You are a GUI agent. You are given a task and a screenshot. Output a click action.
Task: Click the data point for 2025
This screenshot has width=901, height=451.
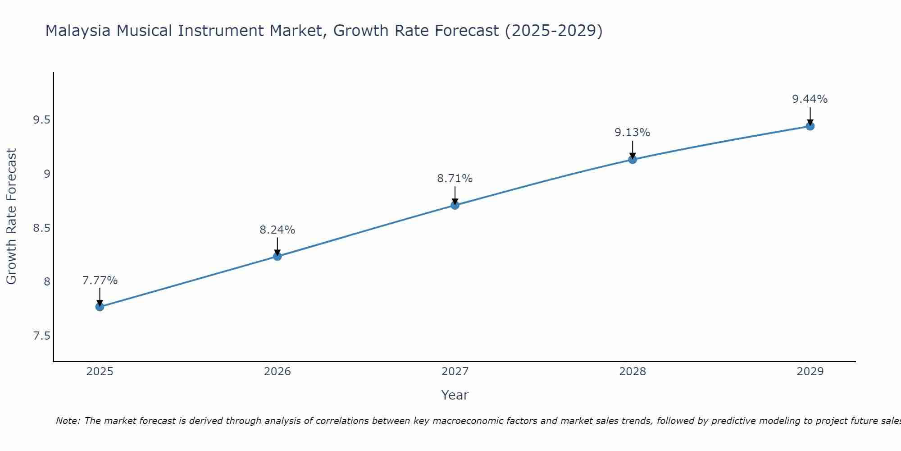(x=100, y=307)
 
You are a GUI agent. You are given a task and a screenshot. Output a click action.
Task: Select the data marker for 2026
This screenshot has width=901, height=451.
(x=278, y=257)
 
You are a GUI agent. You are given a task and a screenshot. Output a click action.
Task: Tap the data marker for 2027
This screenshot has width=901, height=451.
(x=455, y=206)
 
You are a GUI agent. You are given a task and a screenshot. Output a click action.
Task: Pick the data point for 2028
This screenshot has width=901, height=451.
(x=633, y=160)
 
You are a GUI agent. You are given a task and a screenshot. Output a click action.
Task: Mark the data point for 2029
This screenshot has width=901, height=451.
(x=810, y=126)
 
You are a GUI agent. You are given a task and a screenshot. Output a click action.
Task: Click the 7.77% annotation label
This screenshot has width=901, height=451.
(x=100, y=281)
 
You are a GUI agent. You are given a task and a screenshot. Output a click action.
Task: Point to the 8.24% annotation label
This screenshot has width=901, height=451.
(x=278, y=230)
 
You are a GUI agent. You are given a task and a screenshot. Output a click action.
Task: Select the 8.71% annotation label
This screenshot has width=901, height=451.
(x=455, y=179)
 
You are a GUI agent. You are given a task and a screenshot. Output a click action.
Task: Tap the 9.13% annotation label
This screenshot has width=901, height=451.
(x=633, y=133)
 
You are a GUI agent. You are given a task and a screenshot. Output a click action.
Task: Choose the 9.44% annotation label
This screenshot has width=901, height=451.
(x=810, y=99)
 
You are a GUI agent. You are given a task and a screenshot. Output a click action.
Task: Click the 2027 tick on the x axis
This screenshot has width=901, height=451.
(x=455, y=372)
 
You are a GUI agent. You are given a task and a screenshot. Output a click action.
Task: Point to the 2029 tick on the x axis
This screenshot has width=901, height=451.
(x=810, y=372)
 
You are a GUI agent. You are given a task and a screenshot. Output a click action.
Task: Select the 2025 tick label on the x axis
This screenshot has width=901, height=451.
(x=100, y=372)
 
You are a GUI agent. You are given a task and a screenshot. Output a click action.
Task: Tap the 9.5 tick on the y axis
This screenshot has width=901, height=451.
(x=41, y=120)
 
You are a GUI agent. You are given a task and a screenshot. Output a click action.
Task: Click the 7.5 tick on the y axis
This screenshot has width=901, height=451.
(x=41, y=336)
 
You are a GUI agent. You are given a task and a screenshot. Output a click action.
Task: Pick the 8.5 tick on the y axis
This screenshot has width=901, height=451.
(x=41, y=228)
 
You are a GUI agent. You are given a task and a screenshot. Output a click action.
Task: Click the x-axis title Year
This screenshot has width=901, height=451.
(x=455, y=395)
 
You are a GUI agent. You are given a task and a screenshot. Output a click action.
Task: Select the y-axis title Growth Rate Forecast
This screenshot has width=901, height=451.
(x=11, y=216)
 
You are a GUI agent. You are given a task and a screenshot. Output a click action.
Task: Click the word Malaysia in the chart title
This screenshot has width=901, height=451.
(x=77, y=31)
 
